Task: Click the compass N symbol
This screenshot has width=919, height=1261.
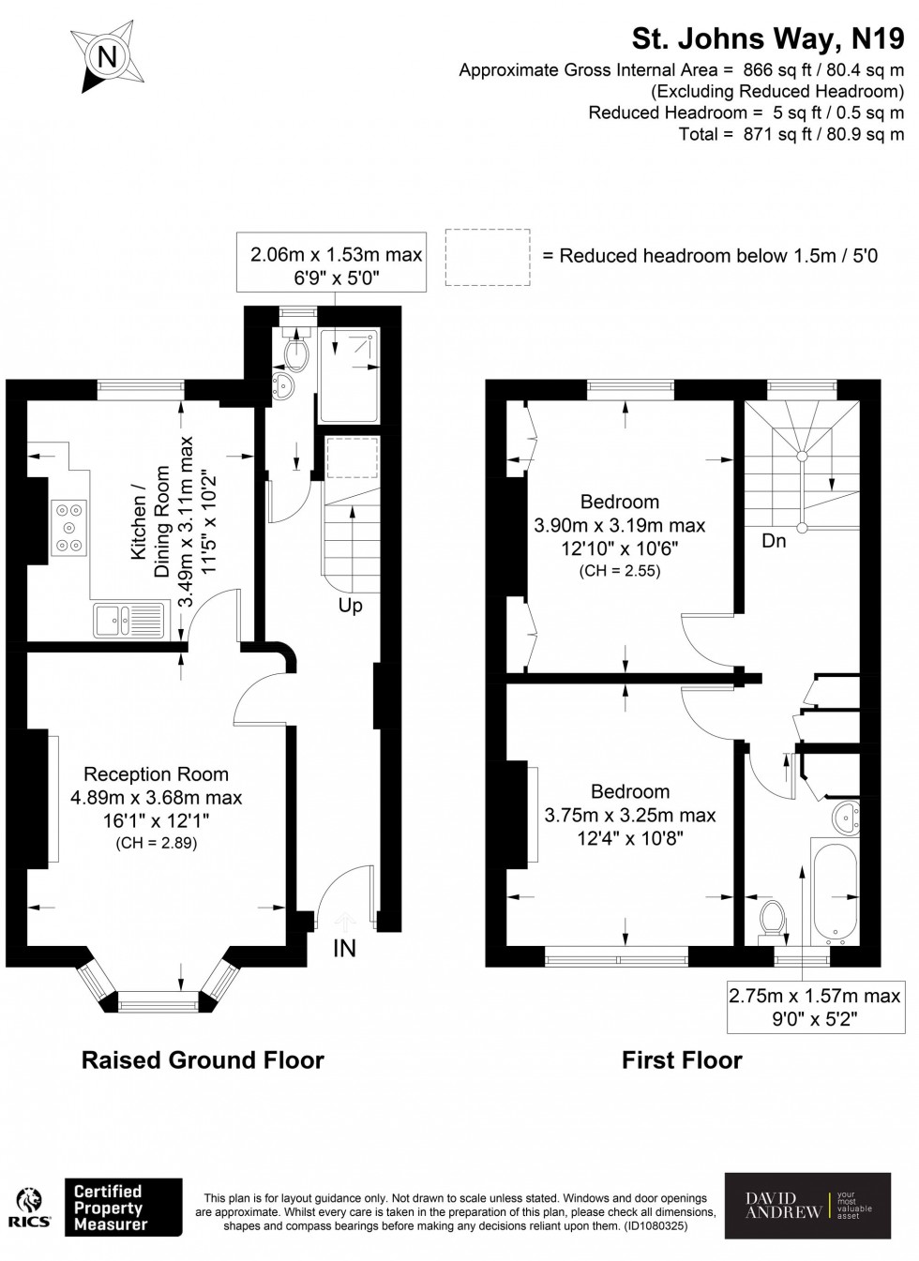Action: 107,57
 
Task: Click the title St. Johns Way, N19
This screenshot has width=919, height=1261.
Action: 767,38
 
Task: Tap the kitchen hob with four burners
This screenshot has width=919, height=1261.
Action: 70,528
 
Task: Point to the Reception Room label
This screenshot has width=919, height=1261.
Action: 156,774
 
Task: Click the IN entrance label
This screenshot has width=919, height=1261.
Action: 344,949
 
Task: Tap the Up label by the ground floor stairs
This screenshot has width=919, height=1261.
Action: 350,606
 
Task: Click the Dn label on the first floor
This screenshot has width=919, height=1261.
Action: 774,541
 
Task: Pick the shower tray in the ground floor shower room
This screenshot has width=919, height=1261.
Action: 350,375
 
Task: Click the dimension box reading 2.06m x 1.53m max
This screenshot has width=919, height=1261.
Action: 336,263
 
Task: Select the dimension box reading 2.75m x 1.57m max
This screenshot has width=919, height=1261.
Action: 815,1006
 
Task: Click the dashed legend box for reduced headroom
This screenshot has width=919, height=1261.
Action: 487,256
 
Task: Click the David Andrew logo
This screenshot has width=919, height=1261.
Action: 806,1205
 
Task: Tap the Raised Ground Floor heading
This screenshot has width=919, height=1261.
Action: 203,1060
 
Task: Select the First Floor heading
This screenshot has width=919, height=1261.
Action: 682,1060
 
